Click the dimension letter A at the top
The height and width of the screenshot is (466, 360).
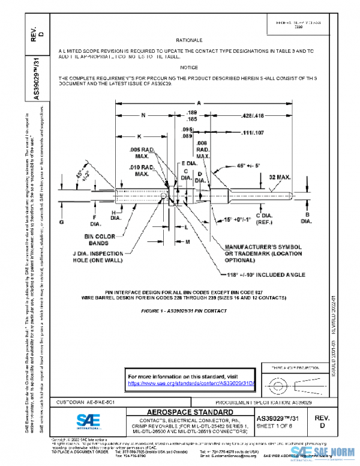(x=198, y=102)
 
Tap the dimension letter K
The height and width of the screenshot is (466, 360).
(x=139, y=136)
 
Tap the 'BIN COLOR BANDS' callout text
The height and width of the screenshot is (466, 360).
(x=100, y=240)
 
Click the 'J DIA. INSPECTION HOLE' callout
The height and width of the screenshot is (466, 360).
(x=100, y=257)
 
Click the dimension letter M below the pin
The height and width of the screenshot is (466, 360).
(x=187, y=241)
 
